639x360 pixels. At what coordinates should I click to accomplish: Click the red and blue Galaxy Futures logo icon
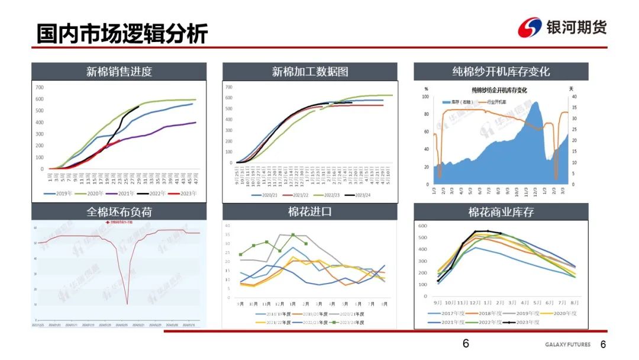pos(530,27)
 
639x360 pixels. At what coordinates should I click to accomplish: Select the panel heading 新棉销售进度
pos(119,72)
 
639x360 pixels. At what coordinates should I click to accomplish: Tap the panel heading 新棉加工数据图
pos(310,72)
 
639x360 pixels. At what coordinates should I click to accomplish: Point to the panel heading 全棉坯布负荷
pos(119,211)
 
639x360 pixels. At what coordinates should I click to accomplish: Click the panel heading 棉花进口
pos(309,211)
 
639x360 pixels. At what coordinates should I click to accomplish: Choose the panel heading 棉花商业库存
pos(501,211)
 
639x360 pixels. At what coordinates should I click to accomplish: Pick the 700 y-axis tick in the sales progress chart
pos(40,88)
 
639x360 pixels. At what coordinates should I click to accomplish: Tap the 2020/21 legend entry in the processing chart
pos(266,195)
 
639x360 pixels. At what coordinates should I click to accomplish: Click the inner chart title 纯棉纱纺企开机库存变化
pos(499,91)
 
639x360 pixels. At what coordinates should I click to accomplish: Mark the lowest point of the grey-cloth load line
pos(127,304)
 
